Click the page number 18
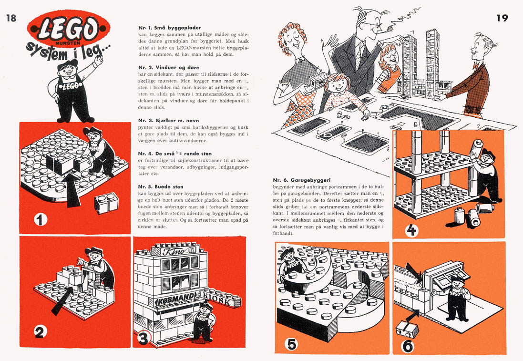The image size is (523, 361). (x=11, y=19)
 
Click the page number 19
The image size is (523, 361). (x=502, y=19)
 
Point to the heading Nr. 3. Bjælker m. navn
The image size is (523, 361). (x=164, y=120)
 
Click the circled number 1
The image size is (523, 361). (x=41, y=220)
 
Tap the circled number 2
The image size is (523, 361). (x=40, y=331)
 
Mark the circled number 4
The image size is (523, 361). (x=411, y=230)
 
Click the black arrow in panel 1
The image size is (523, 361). (x=72, y=188)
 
